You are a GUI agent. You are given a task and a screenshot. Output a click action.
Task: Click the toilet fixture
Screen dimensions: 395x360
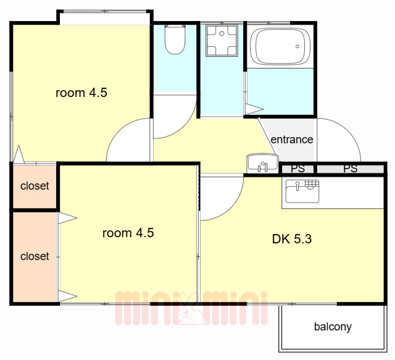175,40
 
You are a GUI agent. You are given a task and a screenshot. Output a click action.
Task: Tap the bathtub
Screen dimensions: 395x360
280,46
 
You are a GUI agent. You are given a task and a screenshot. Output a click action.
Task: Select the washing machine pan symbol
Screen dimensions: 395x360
222,40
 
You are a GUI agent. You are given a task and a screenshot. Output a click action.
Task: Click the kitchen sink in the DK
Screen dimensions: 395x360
302,191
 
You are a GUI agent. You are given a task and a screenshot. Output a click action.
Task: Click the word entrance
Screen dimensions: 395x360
292,140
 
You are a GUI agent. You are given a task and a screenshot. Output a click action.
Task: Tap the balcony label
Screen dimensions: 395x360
333,327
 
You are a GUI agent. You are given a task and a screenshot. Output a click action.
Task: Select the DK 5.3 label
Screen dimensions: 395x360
292,239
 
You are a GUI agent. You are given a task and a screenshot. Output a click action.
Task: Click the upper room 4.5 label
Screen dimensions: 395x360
81,93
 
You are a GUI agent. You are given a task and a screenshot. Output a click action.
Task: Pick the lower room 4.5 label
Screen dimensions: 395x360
128,233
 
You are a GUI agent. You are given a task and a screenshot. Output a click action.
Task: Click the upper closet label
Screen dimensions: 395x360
35,186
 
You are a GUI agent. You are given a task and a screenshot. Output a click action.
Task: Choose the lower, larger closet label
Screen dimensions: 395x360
35,256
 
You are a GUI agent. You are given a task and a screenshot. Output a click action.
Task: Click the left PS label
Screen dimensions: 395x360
297,169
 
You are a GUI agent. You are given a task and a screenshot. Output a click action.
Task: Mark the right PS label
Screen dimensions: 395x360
351,169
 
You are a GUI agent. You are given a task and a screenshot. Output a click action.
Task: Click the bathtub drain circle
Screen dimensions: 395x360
297,46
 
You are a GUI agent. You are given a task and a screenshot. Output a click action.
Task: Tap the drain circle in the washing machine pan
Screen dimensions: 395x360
222,33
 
